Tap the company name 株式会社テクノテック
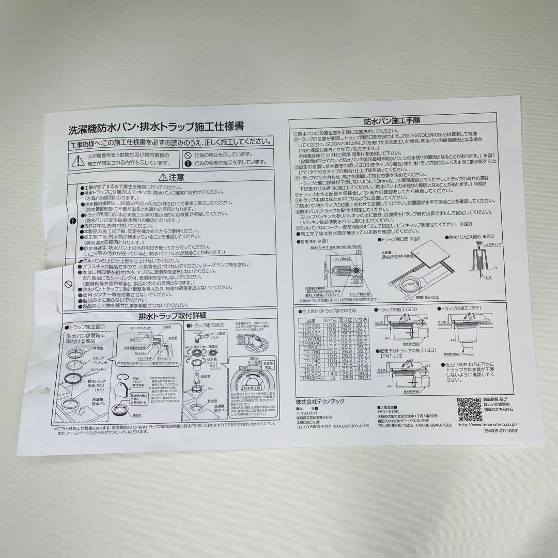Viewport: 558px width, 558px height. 324,401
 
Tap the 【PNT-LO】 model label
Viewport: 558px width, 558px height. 392,355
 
